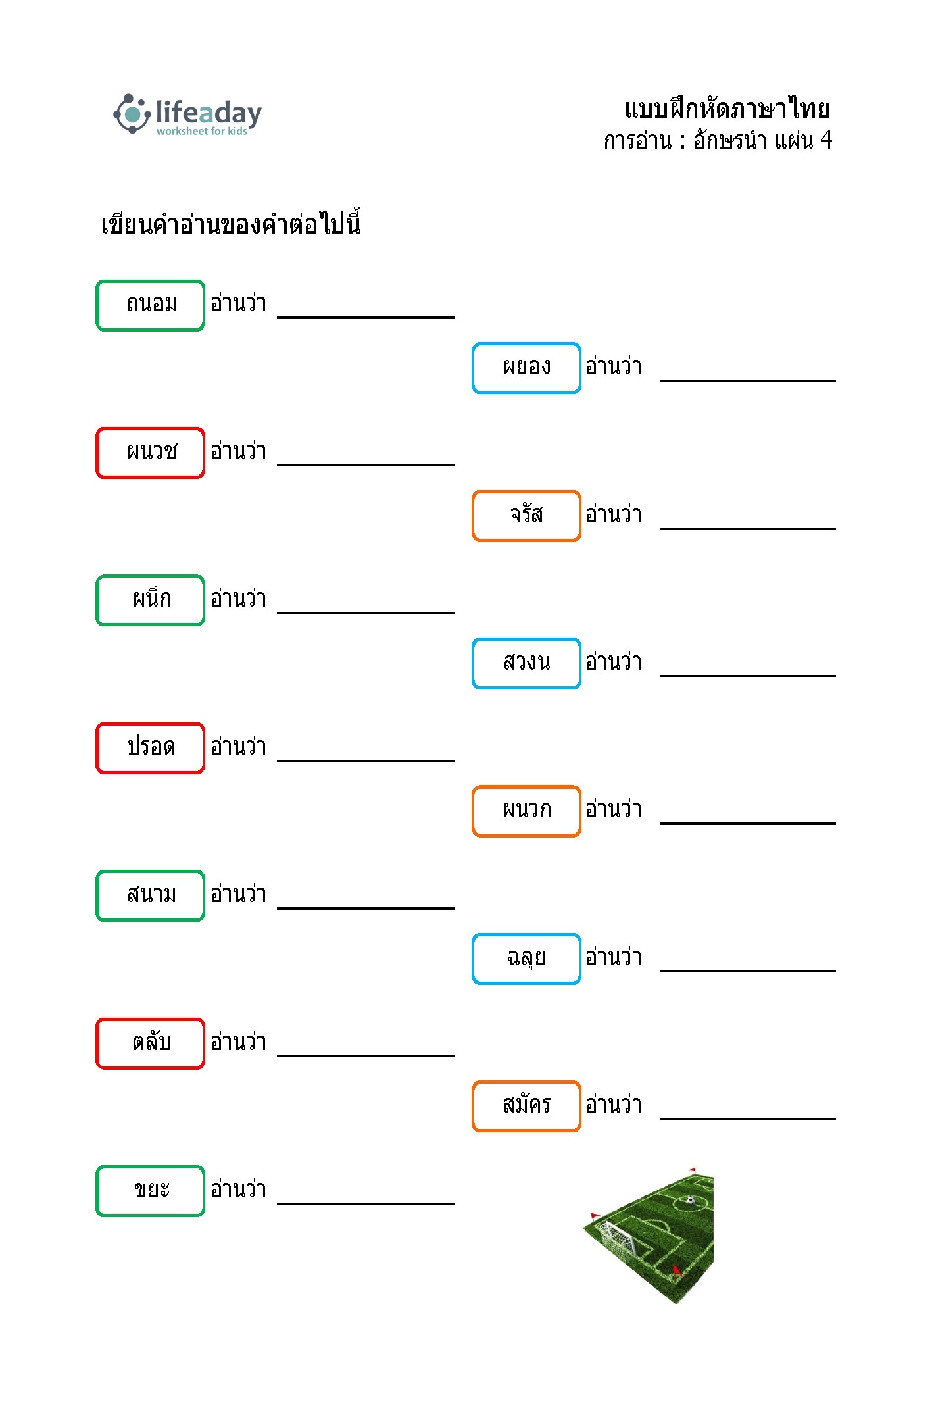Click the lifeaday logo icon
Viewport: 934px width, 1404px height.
tap(132, 114)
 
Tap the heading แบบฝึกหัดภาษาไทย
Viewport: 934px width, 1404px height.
tap(727, 109)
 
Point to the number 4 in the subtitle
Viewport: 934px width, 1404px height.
tap(826, 140)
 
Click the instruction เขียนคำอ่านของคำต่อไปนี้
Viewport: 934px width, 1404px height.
tap(231, 223)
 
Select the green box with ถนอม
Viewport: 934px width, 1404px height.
tap(151, 305)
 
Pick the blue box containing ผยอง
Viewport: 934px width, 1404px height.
tap(526, 368)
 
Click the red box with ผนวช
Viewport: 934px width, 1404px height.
tap(151, 453)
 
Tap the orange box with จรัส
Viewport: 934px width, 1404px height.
tap(526, 516)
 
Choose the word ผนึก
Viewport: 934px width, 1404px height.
tap(152, 598)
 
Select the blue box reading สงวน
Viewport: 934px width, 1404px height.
tap(526, 663)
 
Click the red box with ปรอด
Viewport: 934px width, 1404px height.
tap(151, 748)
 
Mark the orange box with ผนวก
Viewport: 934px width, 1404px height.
tap(526, 811)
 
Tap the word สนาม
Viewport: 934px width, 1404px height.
tap(152, 894)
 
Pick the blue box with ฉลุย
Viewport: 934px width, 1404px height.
tap(526, 959)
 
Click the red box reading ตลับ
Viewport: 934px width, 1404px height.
tap(151, 1043)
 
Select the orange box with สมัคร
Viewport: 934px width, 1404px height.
tap(526, 1106)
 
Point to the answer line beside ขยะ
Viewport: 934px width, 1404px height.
tap(366, 1203)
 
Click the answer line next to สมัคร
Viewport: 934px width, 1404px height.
tap(748, 1118)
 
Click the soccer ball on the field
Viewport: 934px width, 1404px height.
tap(690, 1200)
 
